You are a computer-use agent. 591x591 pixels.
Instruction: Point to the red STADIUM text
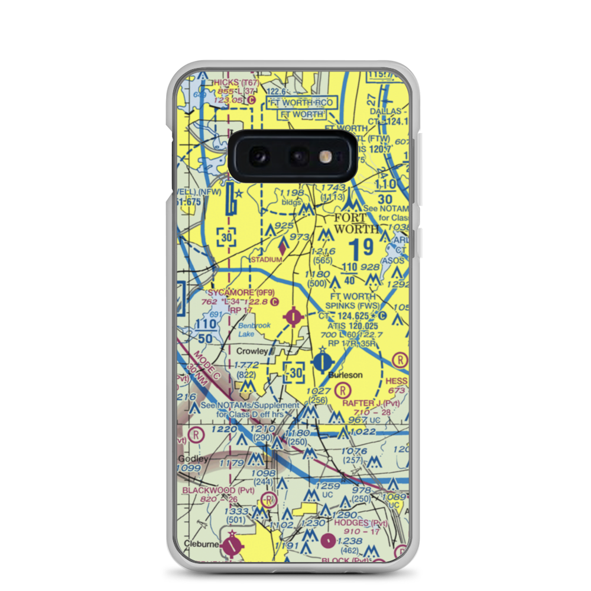click(266, 259)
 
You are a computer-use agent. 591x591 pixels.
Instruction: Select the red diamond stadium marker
click(282, 248)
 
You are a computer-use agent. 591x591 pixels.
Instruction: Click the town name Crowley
click(252, 351)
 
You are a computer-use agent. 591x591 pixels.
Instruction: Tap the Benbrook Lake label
click(247, 330)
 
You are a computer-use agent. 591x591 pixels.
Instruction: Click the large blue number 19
click(361, 248)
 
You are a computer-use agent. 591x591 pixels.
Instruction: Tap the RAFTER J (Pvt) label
click(371, 403)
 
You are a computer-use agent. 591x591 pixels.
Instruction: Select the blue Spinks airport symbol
click(322, 361)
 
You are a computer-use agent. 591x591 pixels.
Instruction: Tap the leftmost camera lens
click(259, 156)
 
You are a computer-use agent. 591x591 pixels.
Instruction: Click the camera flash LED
click(326, 156)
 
